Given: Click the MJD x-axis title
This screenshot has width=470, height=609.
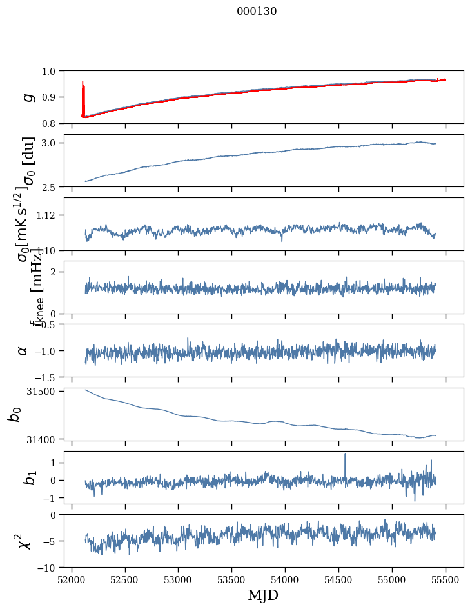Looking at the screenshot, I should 263,595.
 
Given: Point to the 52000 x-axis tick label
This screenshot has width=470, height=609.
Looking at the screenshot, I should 72,579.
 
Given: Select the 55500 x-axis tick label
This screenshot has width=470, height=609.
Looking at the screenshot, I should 446,579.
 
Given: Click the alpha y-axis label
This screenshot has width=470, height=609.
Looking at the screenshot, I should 23,350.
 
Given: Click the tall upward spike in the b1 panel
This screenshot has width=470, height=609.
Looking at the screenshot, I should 345,455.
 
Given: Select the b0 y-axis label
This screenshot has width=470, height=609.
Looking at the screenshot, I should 14,414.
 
